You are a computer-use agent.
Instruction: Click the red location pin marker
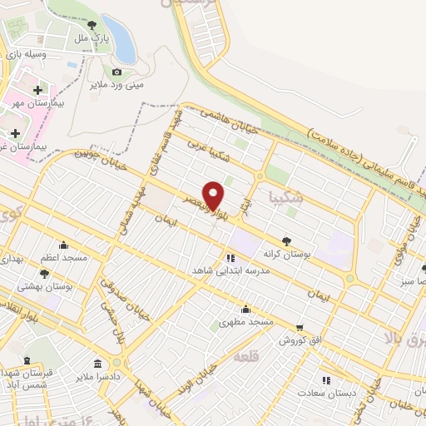pyautogui.click(x=214, y=196)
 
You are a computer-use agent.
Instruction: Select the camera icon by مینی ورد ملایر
pyautogui.click(x=116, y=72)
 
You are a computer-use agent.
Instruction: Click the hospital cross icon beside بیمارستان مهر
pyautogui.click(x=37, y=90)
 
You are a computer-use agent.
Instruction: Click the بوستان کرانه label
pyautogui.click(x=284, y=255)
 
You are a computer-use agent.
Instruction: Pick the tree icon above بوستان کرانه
pyautogui.click(x=286, y=241)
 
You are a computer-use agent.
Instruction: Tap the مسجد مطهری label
pyautogui.click(x=246, y=321)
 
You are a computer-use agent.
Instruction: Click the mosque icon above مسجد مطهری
pyautogui.click(x=246, y=309)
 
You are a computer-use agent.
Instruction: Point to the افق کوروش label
pyautogui.click(x=300, y=340)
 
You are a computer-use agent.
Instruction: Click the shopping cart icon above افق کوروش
pyautogui.click(x=300, y=327)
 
